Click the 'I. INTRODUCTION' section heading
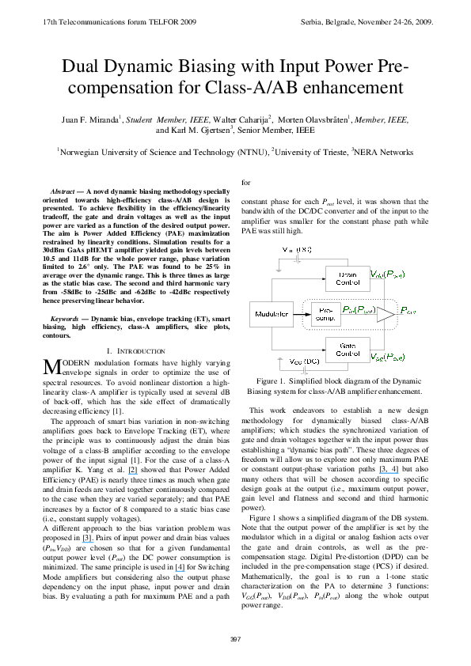click(134, 350)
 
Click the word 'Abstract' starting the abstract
click(66, 192)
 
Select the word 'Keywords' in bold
click(66, 320)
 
